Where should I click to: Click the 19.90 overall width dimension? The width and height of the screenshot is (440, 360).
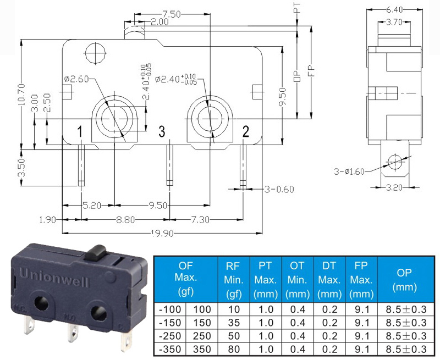[162, 233]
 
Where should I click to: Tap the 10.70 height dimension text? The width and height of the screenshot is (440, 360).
[21, 95]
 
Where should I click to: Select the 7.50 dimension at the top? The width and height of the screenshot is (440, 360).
[171, 14]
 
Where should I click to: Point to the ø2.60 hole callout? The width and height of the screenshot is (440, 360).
[76, 79]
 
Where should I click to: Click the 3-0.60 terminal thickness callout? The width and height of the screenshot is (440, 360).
[279, 190]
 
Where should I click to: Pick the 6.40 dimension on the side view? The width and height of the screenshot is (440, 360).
[394, 10]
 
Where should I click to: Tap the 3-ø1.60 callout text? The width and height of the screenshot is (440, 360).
[349, 171]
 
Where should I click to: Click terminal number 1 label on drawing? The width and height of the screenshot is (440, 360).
[80, 131]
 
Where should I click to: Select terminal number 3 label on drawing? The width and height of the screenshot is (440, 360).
[162, 131]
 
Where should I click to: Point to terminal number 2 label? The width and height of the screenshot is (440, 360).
[245, 131]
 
